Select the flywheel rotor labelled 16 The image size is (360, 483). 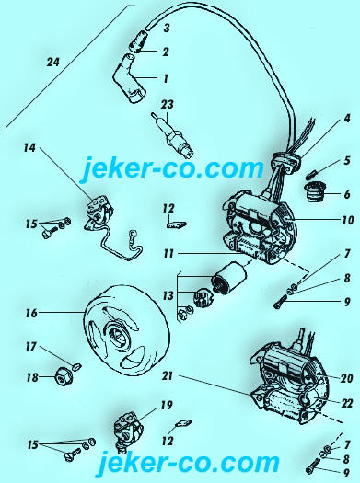click(126, 331)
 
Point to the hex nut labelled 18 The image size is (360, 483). click(64, 377)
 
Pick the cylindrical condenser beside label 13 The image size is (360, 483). click(228, 280)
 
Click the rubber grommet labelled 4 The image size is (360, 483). click(285, 161)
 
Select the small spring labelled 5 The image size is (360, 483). click(313, 174)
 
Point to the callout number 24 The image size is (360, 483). click(52, 63)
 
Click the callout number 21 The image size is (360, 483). click(168, 376)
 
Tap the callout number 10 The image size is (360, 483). click(347, 220)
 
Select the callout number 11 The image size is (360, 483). click(168, 254)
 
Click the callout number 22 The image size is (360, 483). click(346, 403)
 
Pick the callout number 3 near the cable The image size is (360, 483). click(167, 29)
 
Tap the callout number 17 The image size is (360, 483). click(31, 347)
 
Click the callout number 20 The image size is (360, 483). click(346, 378)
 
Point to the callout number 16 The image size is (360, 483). click(31, 313)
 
